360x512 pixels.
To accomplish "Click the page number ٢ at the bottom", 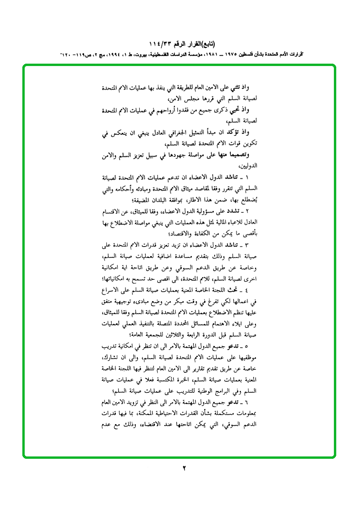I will (184, 468).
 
